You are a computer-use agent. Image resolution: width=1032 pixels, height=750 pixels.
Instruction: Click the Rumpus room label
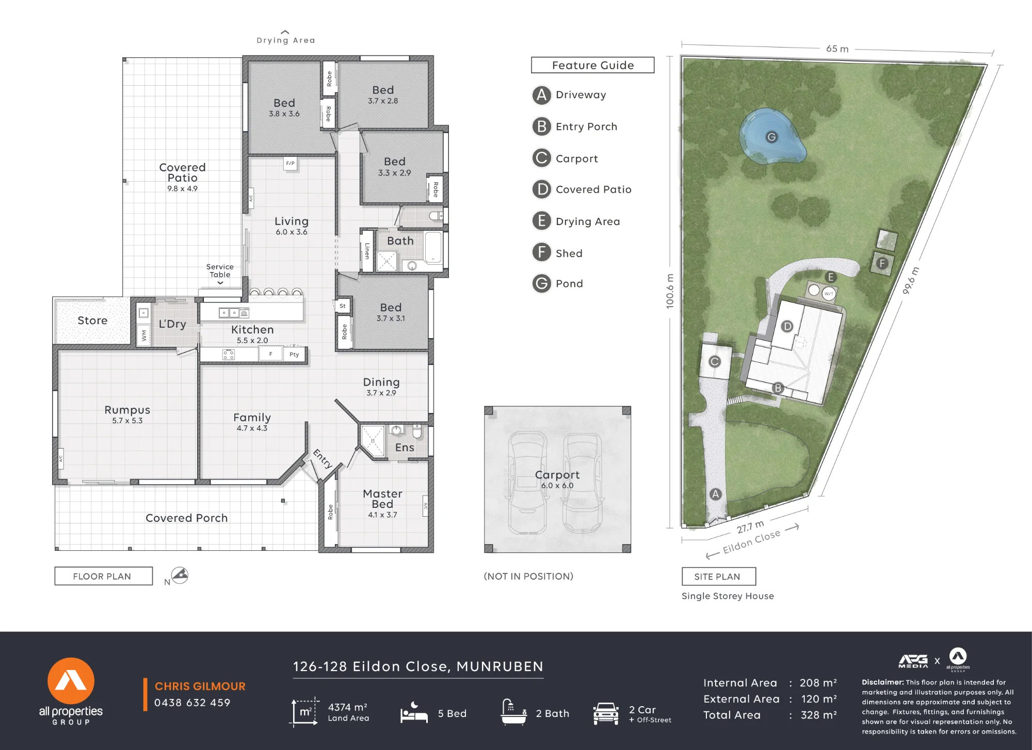point(127,410)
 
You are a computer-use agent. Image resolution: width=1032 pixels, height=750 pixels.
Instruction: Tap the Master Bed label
point(382,499)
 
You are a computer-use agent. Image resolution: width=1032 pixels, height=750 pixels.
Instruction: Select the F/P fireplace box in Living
point(291,164)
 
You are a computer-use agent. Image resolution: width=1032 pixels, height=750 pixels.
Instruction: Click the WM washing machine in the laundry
point(143,335)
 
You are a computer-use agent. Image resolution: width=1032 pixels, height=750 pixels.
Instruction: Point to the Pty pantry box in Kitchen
point(294,354)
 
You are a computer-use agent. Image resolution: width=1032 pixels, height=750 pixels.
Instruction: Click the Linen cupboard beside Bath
point(367,251)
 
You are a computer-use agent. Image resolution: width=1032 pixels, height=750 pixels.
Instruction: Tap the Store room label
point(92,321)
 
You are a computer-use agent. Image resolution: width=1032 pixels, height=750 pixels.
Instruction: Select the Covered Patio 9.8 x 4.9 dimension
point(182,189)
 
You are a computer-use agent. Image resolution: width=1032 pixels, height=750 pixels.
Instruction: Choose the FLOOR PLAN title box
point(103,576)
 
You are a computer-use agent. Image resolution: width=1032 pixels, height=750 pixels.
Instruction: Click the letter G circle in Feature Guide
point(541,283)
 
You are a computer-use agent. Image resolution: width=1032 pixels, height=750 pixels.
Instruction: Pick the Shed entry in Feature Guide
point(569,253)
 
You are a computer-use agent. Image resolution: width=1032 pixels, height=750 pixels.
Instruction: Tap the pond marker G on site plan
point(771,137)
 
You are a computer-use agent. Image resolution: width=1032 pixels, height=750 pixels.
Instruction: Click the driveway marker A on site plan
point(715,494)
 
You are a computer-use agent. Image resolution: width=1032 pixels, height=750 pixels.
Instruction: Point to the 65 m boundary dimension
point(837,49)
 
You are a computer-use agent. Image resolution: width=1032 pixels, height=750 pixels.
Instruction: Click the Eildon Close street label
point(751,542)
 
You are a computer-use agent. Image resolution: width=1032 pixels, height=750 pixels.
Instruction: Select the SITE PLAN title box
point(719,577)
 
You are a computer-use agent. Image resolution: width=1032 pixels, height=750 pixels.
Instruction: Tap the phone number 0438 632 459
point(192,703)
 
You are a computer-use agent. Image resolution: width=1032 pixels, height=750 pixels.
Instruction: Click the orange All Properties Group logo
point(71,681)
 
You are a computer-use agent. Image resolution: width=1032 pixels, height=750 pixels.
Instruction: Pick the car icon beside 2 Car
point(606,713)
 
